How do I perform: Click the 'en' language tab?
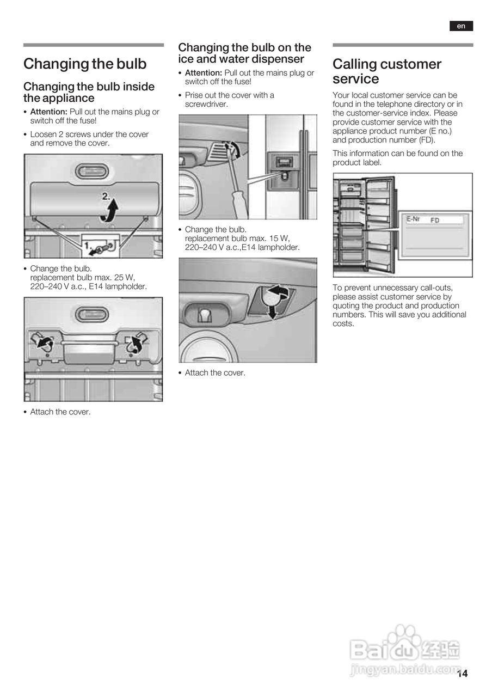(461, 26)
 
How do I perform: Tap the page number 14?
(462, 674)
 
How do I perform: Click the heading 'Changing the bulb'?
(85, 64)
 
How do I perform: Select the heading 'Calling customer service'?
(387, 71)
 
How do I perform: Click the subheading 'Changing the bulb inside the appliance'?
(89, 92)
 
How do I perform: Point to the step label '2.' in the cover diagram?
(107, 197)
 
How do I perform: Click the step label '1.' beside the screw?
(87, 246)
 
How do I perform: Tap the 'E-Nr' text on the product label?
(413, 219)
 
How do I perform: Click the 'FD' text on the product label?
(435, 221)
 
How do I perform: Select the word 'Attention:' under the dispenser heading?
(204, 72)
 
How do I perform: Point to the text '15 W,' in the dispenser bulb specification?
(279, 238)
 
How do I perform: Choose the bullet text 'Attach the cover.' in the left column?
(60, 412)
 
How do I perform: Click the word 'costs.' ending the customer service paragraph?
(343, 323)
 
